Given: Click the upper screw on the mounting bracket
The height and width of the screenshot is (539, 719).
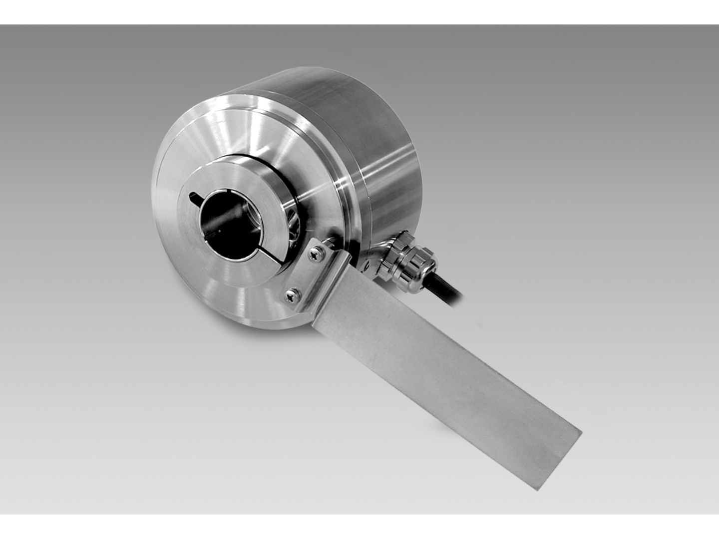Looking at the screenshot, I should [x=313, y=255].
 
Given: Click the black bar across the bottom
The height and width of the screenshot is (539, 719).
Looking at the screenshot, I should [x=359, y=527].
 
